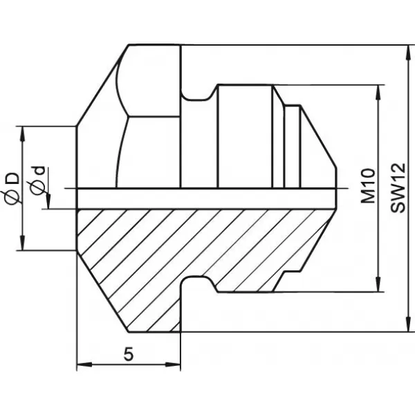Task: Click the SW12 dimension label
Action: click(398, 188)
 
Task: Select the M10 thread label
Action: click(368, 186)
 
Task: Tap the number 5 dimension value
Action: click(129, 354)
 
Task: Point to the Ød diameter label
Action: click(38, 181)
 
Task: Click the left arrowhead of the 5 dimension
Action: click(84, 365)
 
